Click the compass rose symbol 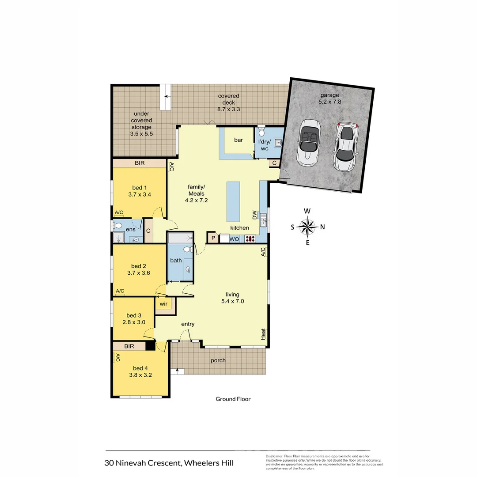[x=307, y=227]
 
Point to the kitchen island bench [x=233, y=202]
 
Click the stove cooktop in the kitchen [x=250, y=239]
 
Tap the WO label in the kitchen [x=234, y=239]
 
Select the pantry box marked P [x=213, y=238]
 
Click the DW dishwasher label [x=254, y=215]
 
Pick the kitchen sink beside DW [x=263, y=219]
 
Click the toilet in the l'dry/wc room [x=261, y=132]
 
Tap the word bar [x=238, y=140]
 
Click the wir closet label [x=163, y=304]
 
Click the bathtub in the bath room [x=180, y=238]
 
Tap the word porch [x=218, y=360]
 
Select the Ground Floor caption [x=233, y=399]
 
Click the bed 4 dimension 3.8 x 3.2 [x=140, y=375]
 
